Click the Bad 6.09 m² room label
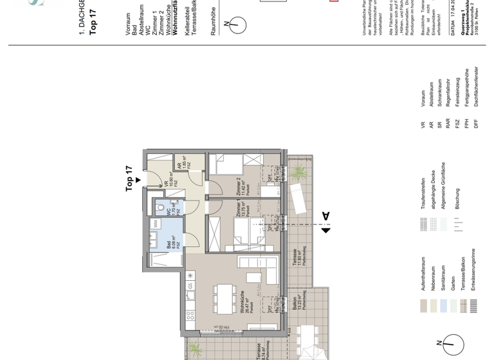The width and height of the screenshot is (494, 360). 170,241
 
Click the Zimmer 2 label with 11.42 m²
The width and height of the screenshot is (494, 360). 242,185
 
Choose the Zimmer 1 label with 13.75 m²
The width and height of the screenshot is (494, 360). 242,212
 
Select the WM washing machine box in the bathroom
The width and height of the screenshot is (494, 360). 155,222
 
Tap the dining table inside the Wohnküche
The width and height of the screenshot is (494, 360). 223,295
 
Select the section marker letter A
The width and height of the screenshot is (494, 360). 325,217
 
